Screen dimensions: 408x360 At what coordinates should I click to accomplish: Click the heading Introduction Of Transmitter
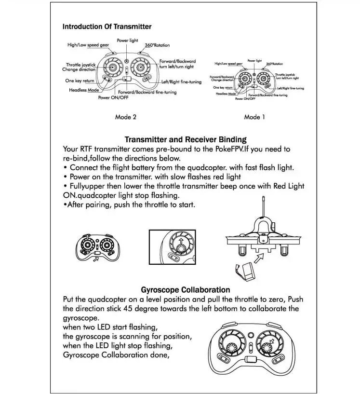coord(107,27)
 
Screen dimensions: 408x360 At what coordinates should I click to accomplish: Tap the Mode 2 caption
coord(126,117)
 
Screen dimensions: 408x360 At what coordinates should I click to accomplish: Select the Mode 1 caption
coord(254,117)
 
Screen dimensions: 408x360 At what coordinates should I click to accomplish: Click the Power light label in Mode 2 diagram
coord(127,41)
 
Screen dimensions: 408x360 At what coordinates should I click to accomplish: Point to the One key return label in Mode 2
coord(80,81)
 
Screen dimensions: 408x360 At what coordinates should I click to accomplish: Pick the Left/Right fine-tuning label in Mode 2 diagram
coord(181,82)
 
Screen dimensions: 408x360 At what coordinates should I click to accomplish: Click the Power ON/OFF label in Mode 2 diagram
coord(113,97)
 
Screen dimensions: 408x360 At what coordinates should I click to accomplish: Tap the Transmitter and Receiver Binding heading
coord(186,140)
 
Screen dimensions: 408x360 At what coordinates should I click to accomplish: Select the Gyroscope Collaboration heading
coord(186,290)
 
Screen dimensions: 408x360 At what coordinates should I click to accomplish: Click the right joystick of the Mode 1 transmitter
coord(263,78)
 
